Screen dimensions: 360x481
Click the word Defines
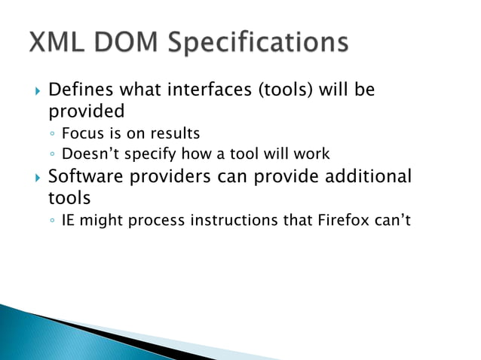coord(78,90)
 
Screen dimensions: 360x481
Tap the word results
coord(175,134)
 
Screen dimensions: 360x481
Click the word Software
coord(84,177)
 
